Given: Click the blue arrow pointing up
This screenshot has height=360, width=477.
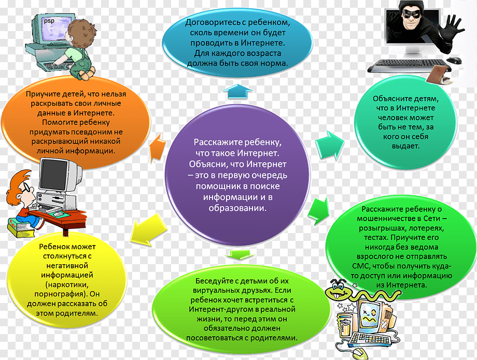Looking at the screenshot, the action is point(237,91).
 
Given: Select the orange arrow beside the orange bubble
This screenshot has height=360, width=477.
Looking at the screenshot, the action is point(157,147).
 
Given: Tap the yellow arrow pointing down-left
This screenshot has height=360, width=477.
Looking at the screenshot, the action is point(148,229).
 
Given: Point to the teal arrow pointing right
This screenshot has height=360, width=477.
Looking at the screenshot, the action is point(330,145).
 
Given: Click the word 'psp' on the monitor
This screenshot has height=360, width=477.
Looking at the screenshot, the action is point(49,21).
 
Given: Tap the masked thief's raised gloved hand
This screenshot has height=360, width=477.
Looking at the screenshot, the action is point(451,31).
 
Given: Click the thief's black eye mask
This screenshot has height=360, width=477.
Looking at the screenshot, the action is point(412,13).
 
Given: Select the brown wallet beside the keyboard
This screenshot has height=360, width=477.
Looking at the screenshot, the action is point(438,75).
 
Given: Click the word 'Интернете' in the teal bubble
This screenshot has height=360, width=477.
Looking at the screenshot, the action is point(415,108).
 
